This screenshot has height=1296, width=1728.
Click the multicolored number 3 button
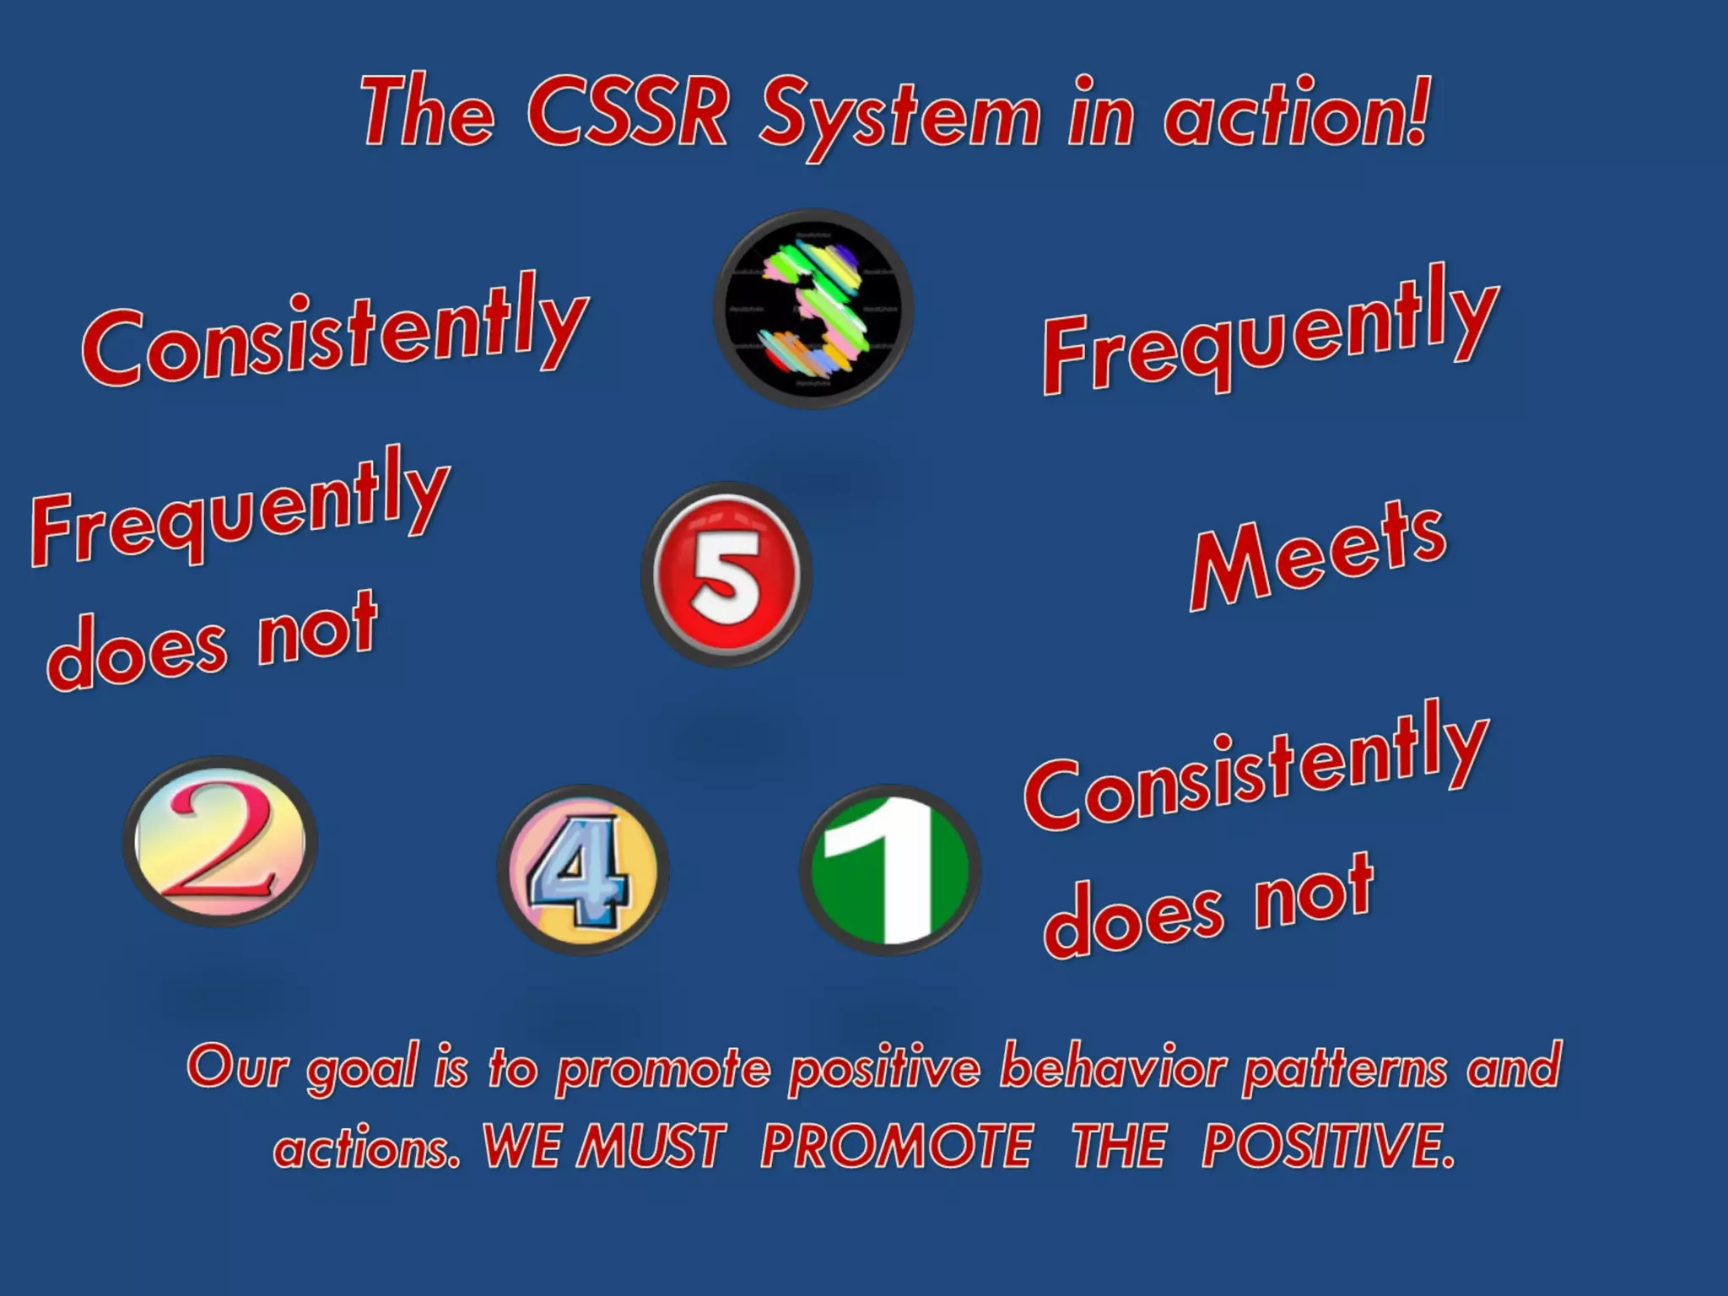point(813,309)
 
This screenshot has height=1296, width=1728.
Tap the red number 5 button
point(726,575)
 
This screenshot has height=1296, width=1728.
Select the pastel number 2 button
point(220,841)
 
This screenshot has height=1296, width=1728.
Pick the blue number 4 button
point(583,870)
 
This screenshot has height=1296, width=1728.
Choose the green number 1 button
point(890,870)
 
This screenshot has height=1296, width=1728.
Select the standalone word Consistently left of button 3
point(335,334)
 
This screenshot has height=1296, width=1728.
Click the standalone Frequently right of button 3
point(1271,332)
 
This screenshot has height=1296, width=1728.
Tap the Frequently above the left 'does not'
point(240,507)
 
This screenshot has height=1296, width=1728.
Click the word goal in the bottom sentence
point(362,1068)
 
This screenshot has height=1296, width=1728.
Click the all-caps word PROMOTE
point(896,1147)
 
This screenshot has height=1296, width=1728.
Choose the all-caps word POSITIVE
point(1328,1147)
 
